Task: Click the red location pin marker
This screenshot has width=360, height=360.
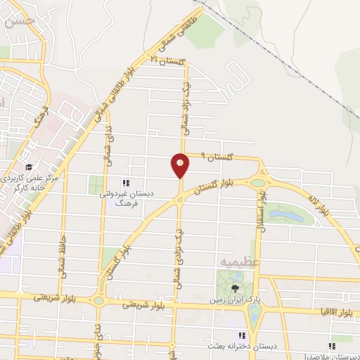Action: click(181, 166)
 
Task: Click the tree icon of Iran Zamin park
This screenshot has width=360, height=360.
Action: click(236, 288)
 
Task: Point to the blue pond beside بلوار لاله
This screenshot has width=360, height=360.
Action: click(287, 212)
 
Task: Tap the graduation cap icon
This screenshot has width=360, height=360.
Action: click(29, 167)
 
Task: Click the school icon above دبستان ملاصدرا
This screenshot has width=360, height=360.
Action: click(332, 346)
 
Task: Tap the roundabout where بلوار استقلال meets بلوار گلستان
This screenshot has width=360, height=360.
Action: click(259, 183)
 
